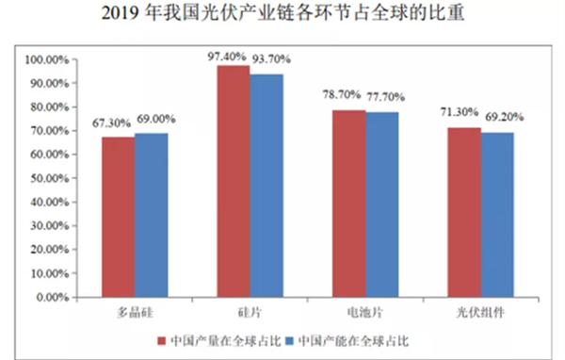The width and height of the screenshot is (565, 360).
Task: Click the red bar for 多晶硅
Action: [x=119, y=217]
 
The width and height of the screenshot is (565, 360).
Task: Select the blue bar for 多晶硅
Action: [x=152, y=216]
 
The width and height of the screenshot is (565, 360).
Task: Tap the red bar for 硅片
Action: [x=234, y=182]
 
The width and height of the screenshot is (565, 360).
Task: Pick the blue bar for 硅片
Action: [x=266, y=186]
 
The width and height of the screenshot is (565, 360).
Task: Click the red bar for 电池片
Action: [x=349, y=204]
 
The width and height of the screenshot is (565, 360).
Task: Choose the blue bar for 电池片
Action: [x=382, y=205]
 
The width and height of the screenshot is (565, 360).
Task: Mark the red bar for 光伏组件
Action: [x=464, y=212]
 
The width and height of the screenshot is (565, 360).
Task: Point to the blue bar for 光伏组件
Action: [x=497, y=215]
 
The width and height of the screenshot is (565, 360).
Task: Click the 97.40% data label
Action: [x=227, y=57]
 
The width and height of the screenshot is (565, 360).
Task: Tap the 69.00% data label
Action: [x=156, y=119]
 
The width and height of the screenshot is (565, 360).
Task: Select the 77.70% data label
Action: [x=385, y=97]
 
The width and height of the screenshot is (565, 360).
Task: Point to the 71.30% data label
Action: [x=460, y=112]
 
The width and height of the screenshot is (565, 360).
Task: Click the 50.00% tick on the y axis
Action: [x=49, y=178]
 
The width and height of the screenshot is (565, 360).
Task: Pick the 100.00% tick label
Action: [x=47, y=59]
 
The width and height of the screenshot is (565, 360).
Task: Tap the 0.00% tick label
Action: [x=53, y=297]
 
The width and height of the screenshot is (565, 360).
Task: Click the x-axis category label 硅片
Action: [x=250, y=312]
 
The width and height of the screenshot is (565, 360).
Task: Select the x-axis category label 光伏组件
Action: [x=480, y=312]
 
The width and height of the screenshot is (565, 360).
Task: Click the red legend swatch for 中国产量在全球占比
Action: [x=162, y=341]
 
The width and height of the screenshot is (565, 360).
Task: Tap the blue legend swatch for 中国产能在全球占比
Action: [x=290, y=341]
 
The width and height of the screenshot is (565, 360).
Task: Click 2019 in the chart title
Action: [x=120, y=14]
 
